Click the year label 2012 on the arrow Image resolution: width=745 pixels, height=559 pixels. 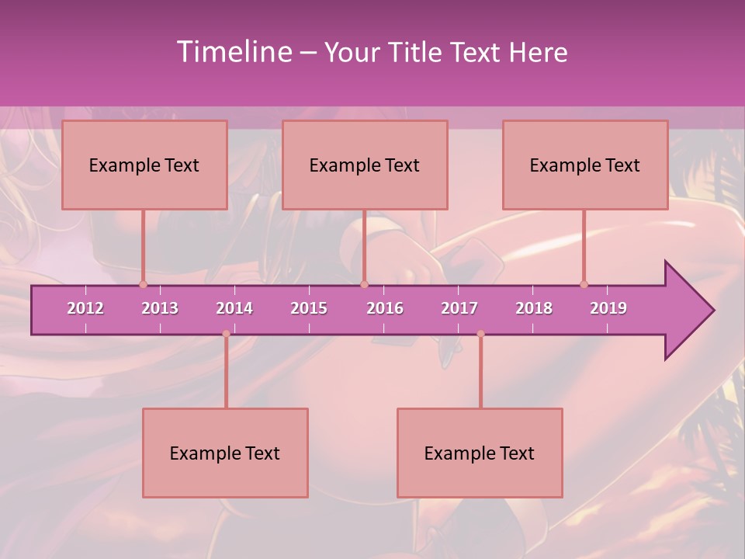point(85,308)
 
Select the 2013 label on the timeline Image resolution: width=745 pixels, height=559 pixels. point(160,308)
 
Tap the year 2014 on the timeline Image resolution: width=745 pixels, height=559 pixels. point(234,308)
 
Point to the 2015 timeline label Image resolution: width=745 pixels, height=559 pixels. point(309,308)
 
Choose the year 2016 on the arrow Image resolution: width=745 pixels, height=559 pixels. point(385,308)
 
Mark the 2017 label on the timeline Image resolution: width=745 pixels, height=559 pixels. point(459,308)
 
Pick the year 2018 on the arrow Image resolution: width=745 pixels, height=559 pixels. point(534,308)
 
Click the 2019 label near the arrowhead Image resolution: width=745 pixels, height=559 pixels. point(608,308)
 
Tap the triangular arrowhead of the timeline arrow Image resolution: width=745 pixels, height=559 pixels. point(688,311)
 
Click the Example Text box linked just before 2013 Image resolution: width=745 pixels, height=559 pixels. point(144,165)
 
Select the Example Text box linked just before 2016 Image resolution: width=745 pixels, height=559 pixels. point(365,165)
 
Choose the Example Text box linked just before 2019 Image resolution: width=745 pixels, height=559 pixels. point(585,165)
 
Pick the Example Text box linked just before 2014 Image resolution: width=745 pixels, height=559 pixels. point(225,453)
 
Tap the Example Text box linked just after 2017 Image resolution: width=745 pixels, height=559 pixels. point(480,453)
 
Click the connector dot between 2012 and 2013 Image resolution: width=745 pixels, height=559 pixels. point(143,284)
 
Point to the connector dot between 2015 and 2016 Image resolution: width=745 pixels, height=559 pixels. point(364,284)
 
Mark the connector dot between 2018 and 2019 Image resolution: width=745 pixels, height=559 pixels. point(584,284)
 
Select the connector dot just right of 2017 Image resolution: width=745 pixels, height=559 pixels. point(480,334)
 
